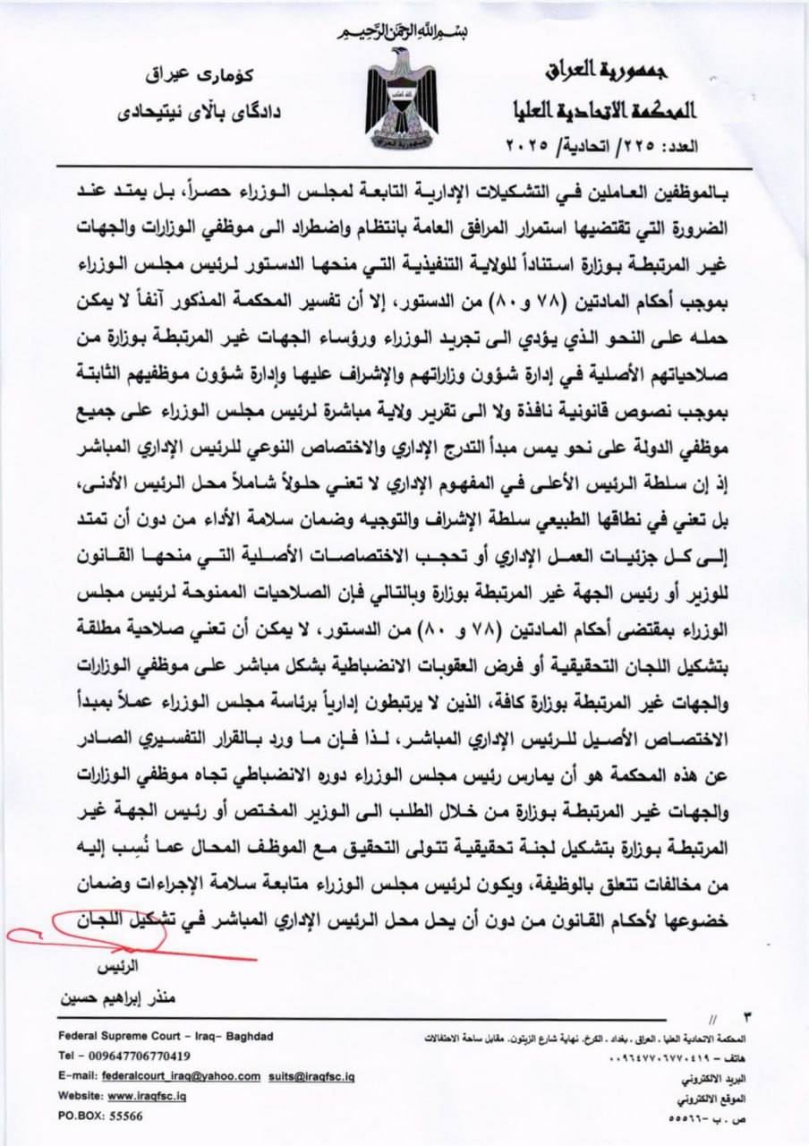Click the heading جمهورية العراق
tap(620, 70)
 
